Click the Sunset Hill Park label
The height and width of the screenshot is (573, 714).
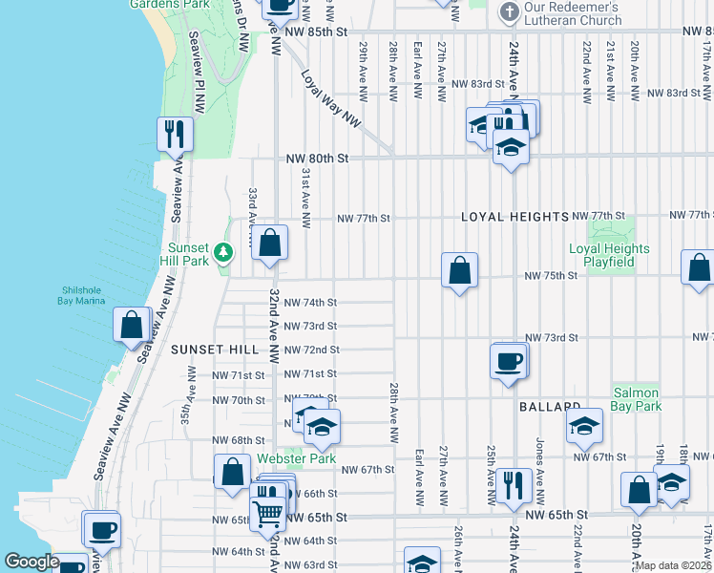coord(182,253)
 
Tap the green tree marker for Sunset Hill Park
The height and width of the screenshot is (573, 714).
coord(222,253)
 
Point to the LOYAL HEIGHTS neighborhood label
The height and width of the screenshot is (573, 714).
coord(514,217)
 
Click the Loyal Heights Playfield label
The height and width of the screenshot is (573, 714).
coord(609,255)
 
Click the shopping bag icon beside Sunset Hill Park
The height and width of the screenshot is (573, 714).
coord(271,244)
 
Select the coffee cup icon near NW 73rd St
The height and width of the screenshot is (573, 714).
coord(508,361)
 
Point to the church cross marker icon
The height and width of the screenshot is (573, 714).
coord(508,12)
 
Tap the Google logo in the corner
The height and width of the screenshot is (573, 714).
coord(31,562)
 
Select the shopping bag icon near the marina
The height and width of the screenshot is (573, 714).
coord(131,325)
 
